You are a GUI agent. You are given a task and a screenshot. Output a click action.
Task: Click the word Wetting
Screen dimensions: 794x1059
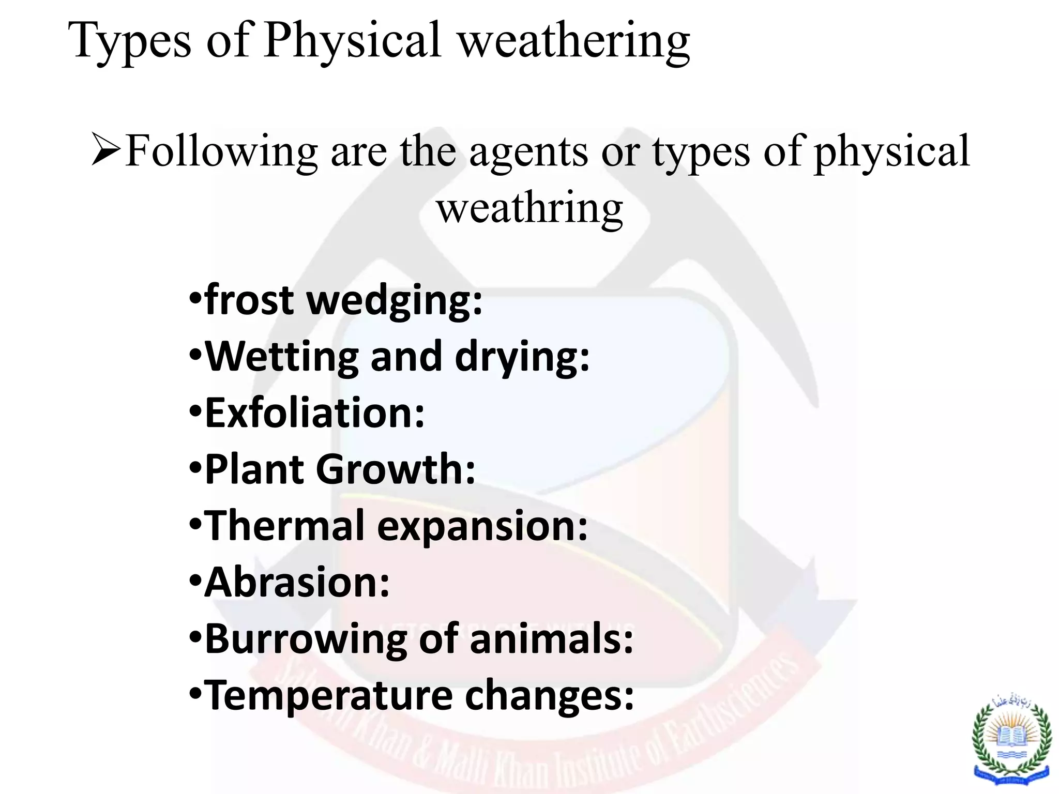tap(282, 357)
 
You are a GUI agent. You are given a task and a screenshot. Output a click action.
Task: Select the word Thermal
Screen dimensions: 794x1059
tap(285, 526)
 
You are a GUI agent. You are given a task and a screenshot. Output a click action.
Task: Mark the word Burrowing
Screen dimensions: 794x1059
tap(306, 640)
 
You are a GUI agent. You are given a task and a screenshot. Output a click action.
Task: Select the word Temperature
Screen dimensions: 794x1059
tap(329, 696)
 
